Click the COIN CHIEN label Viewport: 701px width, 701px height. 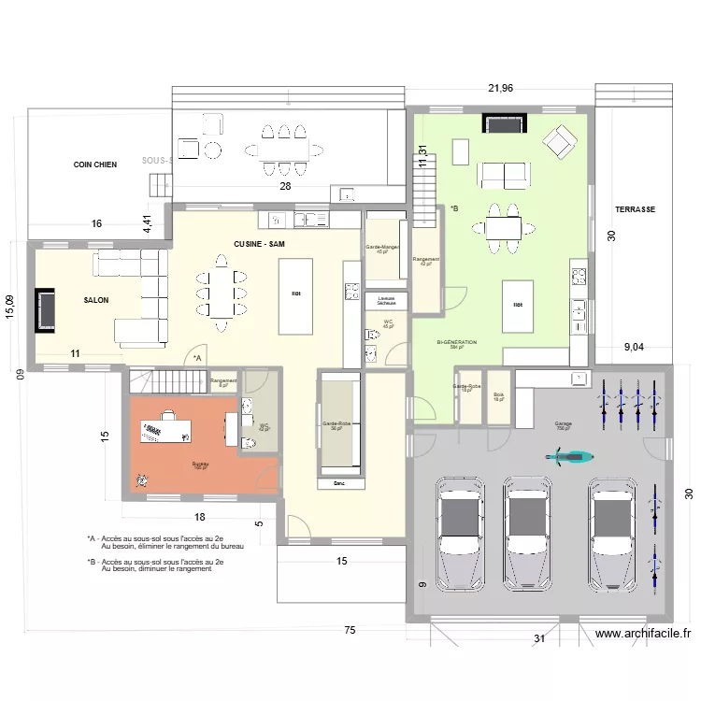point(95,165)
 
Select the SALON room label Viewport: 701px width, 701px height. point(95,300)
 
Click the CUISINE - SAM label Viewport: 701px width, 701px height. point(259,244)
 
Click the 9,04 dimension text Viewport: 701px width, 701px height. point(638,348)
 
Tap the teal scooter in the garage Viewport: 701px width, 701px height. point(569,456)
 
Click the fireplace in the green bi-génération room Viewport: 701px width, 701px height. point(505,123)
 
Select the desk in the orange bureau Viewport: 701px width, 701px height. point(165,431)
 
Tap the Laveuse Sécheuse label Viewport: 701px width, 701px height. point(386,302)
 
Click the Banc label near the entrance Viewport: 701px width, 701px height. point(338,484)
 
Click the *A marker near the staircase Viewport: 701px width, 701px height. point(196,358)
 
